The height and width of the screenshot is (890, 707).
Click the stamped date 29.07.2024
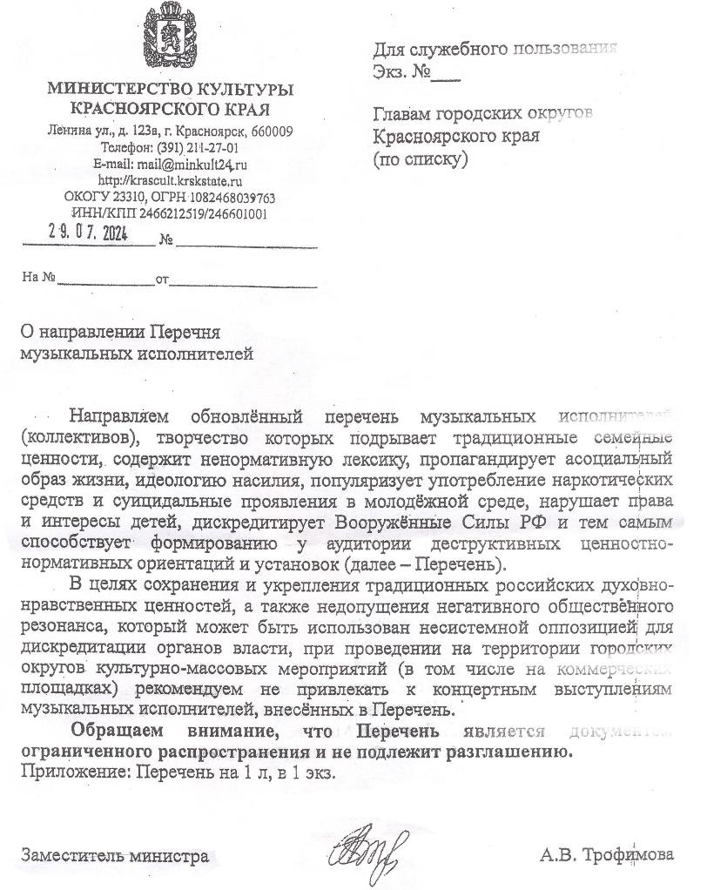[88, 233]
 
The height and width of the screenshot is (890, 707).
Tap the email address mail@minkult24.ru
[193, 164]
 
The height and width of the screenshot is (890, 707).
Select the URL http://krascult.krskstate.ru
[170, 180]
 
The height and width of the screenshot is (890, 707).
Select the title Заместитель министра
[115, 856]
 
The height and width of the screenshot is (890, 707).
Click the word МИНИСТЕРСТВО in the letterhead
[109, 91]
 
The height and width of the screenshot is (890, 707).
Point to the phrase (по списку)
[421, 159]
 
